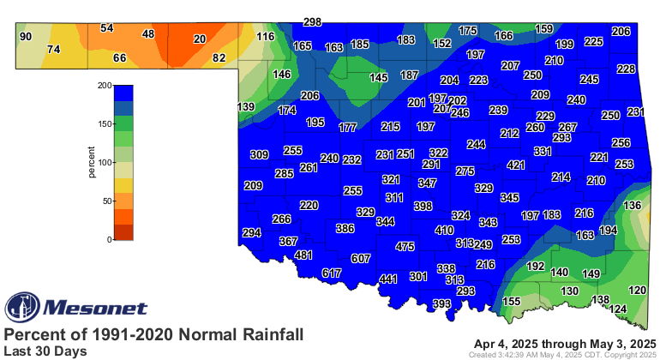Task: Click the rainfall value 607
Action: point(360,258)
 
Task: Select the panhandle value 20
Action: point(200,39)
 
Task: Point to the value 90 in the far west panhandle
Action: point(26,36)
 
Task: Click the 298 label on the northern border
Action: point(312,21)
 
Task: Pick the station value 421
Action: point(516,165)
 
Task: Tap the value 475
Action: point(405,247)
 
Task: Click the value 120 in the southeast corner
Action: point(638,291)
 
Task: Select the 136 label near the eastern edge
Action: point(632,206)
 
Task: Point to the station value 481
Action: point(303,255)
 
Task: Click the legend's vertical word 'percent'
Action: point(92,162)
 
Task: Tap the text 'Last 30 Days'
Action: point(45,351)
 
